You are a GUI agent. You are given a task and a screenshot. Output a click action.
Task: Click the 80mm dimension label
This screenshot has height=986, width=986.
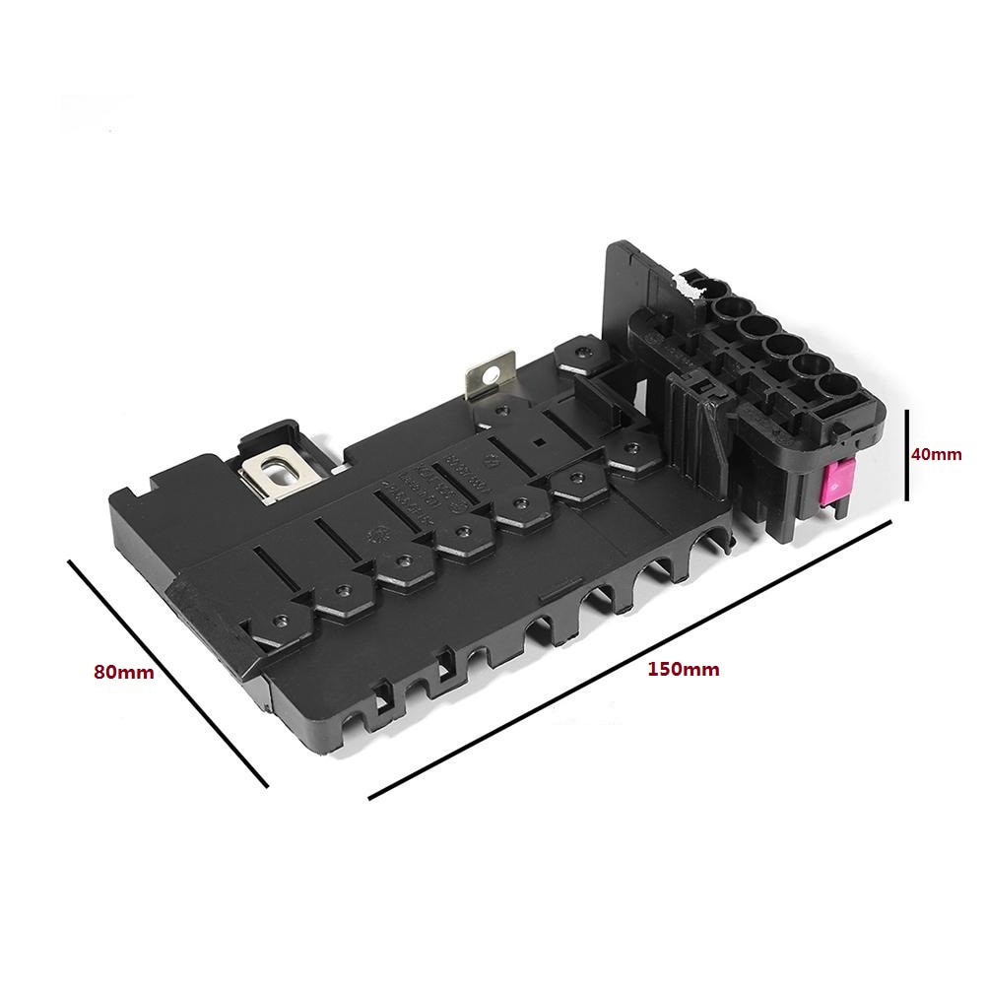(x=123, y=673)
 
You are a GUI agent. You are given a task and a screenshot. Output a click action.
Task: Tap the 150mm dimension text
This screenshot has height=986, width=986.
(x=683, y=670)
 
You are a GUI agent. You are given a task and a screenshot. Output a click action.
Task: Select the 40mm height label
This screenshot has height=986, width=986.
(x=935, y=454)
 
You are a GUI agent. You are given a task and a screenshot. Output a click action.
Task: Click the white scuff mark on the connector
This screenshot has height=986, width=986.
(x=690, y=286)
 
